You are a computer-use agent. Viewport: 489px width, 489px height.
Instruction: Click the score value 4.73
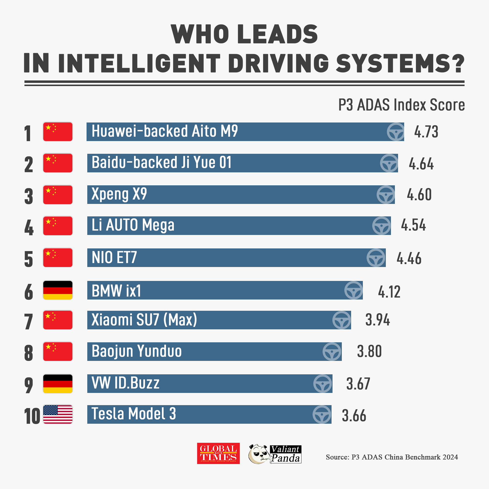pyautogui.click(x=426, y=132)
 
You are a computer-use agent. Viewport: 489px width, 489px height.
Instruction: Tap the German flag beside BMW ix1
pyautogui.click(x=58, y=290)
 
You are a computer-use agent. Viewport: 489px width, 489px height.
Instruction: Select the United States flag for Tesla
pyautogui.click(x=58, y=414)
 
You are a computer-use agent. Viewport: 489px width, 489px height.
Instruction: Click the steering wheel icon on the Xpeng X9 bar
pyautogui.click(x=386, y=195)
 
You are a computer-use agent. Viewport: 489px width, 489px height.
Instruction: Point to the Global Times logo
pyautogui.click(x=218, y=453)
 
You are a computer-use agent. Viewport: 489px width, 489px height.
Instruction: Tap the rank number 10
pyautogui.click(x=32, y=416)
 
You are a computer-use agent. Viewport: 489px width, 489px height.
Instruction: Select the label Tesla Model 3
pyautogui.click(x=133, y=414)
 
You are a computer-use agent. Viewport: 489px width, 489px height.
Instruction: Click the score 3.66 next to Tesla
pyautogui.click(x=354, y=416)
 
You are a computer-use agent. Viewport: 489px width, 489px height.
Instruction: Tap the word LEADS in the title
pyautogui.click(x=278, y=34)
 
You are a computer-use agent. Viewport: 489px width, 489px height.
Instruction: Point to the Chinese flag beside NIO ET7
pyautogui.click(x=58, y=258)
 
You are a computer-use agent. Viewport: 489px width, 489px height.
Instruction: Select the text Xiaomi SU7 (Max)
pyautogui.click(x=144, y=320)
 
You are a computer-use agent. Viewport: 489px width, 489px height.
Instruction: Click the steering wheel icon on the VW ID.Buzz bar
pyautogui.click(x=322, y=383)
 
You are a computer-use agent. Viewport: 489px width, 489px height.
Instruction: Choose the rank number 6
pyautogui.click(x=29, y=292)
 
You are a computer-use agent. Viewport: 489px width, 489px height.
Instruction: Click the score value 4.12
pyautogui.click(x=389, y=292)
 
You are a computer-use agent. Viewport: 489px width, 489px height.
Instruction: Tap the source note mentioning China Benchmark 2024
pyautogui.click(x=391, y=457)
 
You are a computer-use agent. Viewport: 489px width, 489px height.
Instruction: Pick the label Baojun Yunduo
pyautogui.click(x=137, y=351)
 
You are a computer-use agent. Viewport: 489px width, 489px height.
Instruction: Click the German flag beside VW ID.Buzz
pyautogui.click(x=58, y=384)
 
